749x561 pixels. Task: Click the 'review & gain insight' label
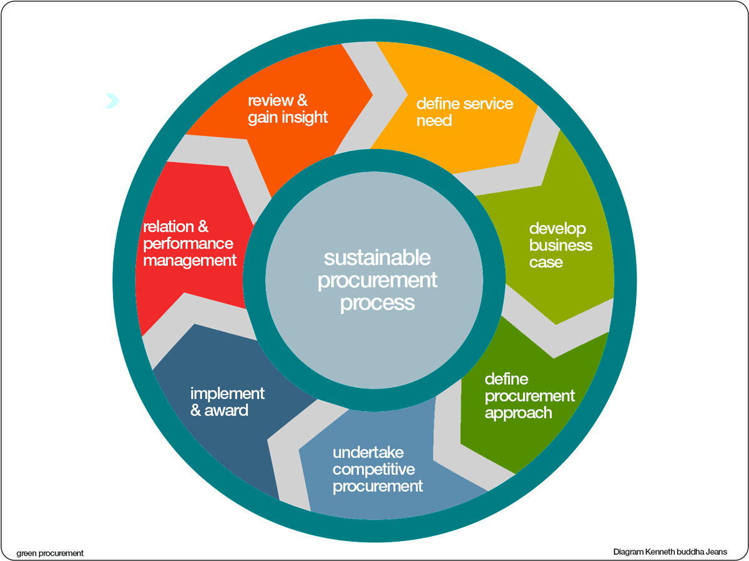point(288,109)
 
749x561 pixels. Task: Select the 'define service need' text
point(464,112)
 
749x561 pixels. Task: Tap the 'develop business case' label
point(561,245)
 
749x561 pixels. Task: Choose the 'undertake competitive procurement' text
point(377,469)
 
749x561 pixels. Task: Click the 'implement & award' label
point(227,402)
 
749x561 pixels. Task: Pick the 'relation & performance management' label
point(190,243)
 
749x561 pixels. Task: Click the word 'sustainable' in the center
point(377,257)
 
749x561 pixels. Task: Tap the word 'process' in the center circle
point(377,303)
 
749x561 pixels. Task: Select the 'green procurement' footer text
point(50,553)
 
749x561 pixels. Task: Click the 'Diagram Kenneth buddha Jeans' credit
point(670,552)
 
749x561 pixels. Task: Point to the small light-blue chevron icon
point(112,100)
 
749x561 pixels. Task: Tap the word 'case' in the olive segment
point(546,262)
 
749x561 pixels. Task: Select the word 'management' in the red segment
point(190,261)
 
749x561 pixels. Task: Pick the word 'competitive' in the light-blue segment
point(373,469)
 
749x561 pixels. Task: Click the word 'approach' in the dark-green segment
point(518,413)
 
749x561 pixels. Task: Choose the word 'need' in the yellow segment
point(434,120)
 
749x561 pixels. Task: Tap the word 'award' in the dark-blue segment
point(226,411)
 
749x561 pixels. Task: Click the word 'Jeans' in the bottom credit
point(715,552)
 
